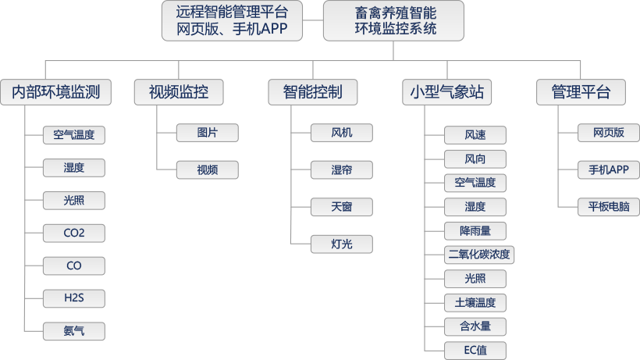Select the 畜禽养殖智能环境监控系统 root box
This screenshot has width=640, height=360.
pyautogui.click(x=393, y=21)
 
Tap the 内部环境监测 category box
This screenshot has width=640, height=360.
pyautogui.click(x=55, y=92)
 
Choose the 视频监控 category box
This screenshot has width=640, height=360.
pyautogui.click(x=179, y=92)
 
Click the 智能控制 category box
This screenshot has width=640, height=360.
pyautogui.click(x=312, y=92)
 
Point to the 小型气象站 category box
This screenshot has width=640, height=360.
pyautogui.click(x=447, y=92)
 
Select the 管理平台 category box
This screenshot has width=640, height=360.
pyautogui.click(x=580, y=92)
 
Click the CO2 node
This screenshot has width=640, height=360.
pyautogui.click(x=74, y=233)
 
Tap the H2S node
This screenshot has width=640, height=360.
pyautogui.click(x=74, y=298)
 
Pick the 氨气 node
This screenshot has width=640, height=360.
pyautogui.click(x=74, y=331)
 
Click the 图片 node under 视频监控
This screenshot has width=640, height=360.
pyautogui.click(x=207, y=133)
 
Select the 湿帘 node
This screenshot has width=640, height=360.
pyautogui.click(x=341, y=169)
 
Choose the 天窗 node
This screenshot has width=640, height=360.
pyautogui.click(x=341, y=207)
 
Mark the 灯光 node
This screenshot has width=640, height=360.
pyautogui.click(x=341, y=244)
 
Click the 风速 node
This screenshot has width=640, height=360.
pyautogui.click(x=475, y=135)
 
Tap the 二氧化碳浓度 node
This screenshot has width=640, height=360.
pyautogui.click(x=478, y=255)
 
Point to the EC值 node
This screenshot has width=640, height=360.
pyautogui.click(x=475, y=351)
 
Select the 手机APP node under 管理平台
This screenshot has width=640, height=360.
pyautogui.click(x=609, y=169)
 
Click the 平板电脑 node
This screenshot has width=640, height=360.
pyautogui.click(x=609, y=207)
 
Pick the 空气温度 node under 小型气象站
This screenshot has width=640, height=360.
pyautogui.click(x=475, y=183)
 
